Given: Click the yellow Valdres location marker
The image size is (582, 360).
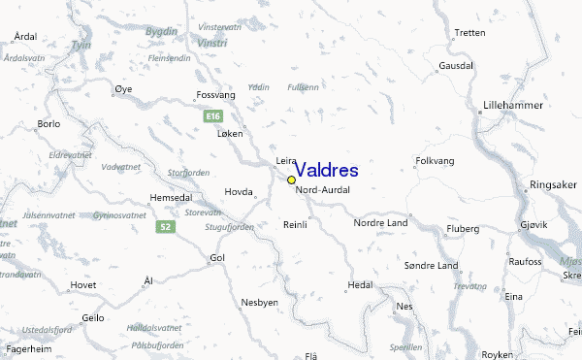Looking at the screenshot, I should (x=291, y=180).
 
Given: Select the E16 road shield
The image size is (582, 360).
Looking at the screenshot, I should (x=213, y=116).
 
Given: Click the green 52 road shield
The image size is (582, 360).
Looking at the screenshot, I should (x=166, y=226).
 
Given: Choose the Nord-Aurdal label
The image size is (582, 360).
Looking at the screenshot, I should (x=322, y=189).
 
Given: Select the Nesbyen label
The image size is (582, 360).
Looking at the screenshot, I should (x=260, y=302).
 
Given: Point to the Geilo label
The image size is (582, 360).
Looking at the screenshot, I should (x=93, y=317).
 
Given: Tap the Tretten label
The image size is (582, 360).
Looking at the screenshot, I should (x=469, y=33).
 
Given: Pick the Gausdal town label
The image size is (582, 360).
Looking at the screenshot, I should (x=456, y=66).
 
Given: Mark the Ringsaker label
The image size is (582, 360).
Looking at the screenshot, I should (x=554, y=184).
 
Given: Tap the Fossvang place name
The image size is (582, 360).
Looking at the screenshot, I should (x=216, y=95).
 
